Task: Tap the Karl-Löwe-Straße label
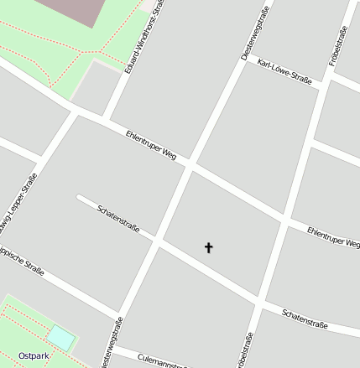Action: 286,73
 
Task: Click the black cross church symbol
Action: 209,247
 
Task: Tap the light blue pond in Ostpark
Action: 60,338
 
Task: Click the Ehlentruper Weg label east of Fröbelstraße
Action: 333,236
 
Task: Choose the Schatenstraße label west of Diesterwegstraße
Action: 118,218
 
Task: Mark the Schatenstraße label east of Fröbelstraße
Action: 305,318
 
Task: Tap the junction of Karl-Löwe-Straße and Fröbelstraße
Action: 321,86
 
